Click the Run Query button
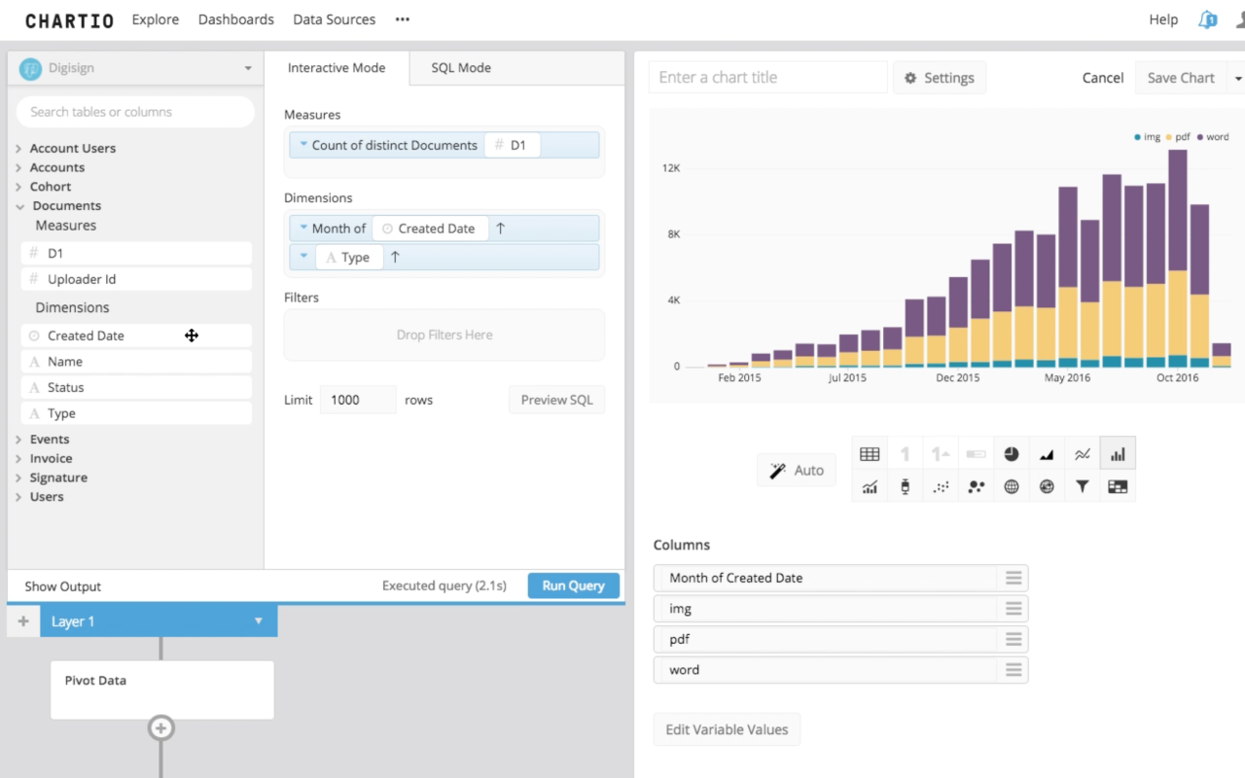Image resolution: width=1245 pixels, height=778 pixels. click(x=573, y=585)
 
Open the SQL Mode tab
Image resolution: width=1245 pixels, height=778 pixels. click(x=461, y=68)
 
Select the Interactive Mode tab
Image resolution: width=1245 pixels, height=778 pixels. click(x=336, y=68)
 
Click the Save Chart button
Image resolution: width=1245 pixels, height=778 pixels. click(x=1180, y=78)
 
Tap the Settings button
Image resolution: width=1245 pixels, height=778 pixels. click(x=939, y=78)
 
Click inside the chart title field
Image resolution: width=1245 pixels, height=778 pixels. click(x=767, y=78)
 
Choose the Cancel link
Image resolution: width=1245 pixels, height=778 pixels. click(x=1102, y=78)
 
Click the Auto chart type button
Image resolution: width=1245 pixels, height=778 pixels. click(x=797, y=471)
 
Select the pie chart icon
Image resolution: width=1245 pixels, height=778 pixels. click(x=1012, y=454)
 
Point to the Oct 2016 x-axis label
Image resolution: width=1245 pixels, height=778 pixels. click(x=1177, y=378)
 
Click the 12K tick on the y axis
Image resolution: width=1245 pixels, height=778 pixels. click(x=671, y=168)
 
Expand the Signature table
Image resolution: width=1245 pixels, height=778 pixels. click(x=57, y=477)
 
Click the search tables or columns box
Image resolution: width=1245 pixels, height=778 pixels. click(x=135, y=112)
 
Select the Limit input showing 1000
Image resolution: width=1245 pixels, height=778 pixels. click(x=357, y=400)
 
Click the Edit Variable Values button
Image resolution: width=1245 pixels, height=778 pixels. click(x=727, y=729)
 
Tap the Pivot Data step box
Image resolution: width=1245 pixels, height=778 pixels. click(x=161, y=690)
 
